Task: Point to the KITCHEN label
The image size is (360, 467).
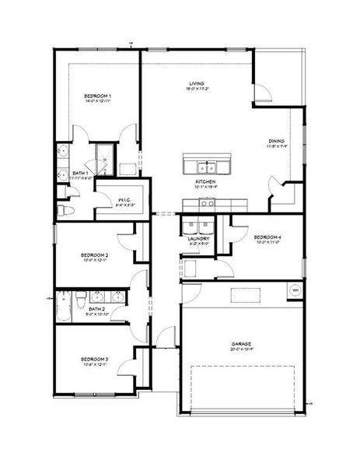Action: [205, 181]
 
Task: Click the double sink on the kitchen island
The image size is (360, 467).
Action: [206, 167]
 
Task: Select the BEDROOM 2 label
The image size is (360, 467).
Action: [95, 255]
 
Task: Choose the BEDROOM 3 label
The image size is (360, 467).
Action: [95, 359]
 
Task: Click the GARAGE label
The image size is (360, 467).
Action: [240, 342]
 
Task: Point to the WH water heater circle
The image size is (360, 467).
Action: [295, 290]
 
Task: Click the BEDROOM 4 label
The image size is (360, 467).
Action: [267, 237]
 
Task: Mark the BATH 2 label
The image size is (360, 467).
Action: [96, 309]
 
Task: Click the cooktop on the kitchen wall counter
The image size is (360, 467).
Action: [206, 203]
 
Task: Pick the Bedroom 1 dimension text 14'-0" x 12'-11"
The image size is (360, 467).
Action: [98, 100]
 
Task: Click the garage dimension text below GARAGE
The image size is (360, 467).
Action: [240, 349]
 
